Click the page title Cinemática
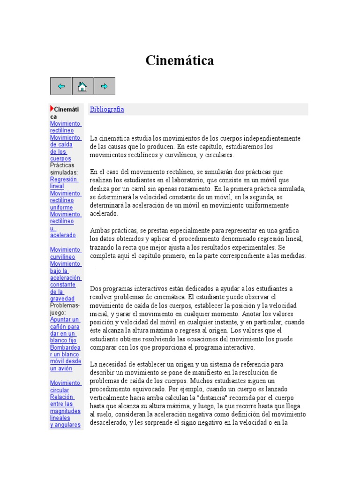coord(180,60)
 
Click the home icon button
coord(82,86)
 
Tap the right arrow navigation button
coord(105,86)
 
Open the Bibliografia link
coord(107,109)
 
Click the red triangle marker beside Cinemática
coord(52,109)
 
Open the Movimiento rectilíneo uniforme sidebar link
coord(65,200)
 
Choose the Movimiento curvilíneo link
coord(65,253)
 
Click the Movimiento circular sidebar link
coord(65,386)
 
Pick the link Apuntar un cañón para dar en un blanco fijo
coord(65,330)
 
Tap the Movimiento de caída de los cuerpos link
coord(65,148)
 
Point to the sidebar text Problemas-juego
coord(65,309)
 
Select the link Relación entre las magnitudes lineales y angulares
coord(65,411)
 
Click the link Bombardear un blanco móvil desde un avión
coord(65,358)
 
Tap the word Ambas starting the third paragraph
coord(100,231)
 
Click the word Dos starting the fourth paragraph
coord(95,288)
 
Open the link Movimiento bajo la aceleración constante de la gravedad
coord(65,281)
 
